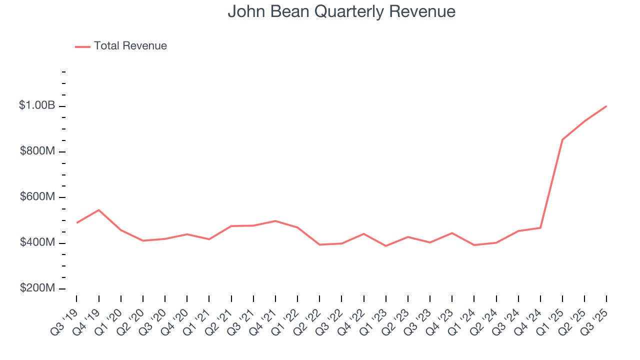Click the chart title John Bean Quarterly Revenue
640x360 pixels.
click(341, 11)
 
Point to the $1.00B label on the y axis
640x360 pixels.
click(37, 105)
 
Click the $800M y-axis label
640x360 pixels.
click(37, 151)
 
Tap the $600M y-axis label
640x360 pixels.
click(37, 197)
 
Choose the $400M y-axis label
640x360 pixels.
click(37, 242)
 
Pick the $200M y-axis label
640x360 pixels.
click(37, 288)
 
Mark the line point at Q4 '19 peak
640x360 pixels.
click(98, 210)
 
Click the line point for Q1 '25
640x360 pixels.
click(562, 139)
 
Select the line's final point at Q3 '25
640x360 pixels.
click(606, 106)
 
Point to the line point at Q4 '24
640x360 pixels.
click(540, 228)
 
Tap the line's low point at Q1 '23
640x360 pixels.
click(385, 246)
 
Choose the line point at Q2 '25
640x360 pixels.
click(584, 121)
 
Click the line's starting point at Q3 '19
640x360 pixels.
click(76, 222)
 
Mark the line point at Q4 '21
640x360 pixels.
click(275, 221)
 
